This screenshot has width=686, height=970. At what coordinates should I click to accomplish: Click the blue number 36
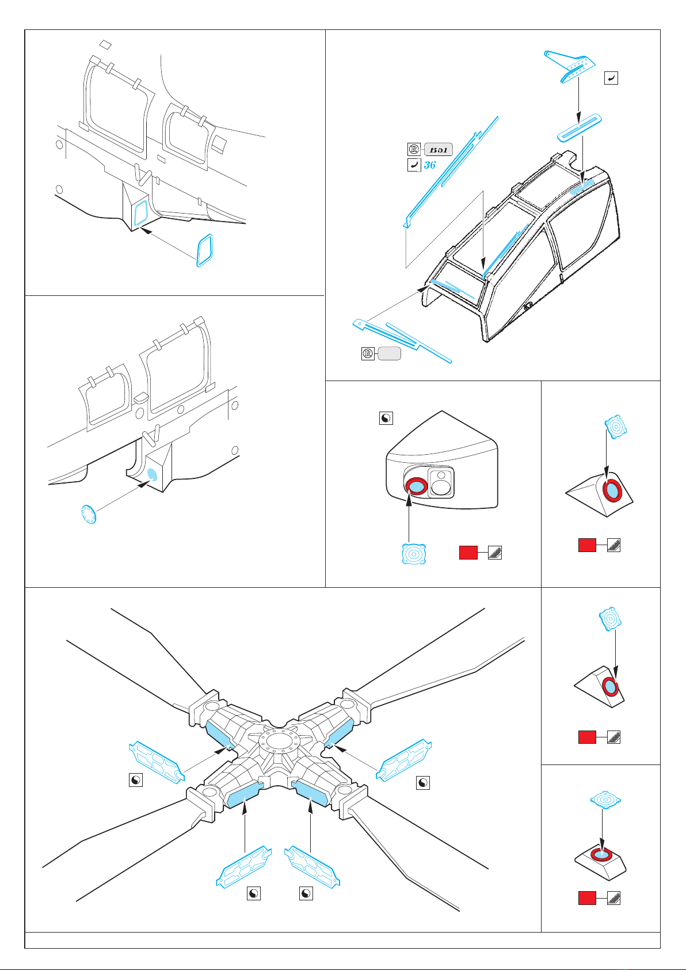(430, 165)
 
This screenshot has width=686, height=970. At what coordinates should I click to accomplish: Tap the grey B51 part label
(439, 150)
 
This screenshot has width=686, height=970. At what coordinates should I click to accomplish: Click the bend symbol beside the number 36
(413, 165)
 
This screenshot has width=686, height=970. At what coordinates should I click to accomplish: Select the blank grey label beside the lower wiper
(389, 353)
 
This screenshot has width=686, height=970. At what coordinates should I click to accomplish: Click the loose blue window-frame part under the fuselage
(204, 250)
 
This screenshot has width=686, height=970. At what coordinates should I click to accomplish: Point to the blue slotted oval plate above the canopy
(580, 127)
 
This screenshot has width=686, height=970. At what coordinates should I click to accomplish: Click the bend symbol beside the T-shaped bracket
(611, 78)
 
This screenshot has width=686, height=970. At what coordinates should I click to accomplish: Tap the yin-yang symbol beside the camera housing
(386, 418)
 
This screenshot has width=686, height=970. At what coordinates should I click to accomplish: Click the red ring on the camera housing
(415, 486)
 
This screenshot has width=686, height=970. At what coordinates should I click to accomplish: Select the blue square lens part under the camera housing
(413, 554)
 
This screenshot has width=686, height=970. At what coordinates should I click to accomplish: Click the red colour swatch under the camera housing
(468, 553)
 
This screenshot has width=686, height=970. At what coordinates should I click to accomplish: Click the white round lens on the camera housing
(441, 488)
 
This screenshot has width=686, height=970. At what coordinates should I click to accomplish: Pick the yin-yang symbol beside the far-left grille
(135, 780)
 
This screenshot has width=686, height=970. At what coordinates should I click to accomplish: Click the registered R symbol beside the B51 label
(414, 150)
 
